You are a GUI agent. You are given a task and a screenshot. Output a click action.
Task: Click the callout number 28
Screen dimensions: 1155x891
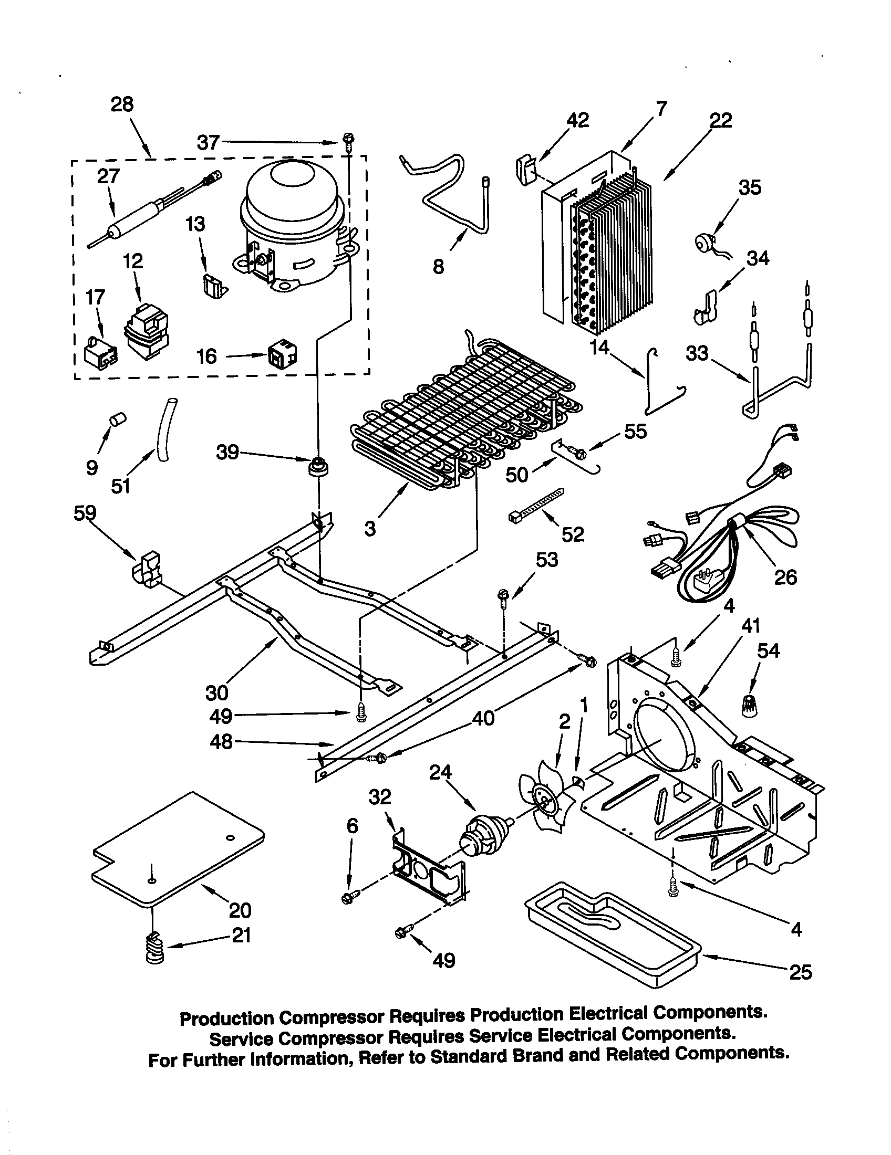coord(122,104)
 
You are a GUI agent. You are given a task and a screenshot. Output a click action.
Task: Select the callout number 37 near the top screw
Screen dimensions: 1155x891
coord(208,142)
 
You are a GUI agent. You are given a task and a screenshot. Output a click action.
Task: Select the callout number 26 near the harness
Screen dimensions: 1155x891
coord(785,577)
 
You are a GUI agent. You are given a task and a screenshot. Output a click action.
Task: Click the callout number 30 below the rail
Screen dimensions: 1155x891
coord(216,692)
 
